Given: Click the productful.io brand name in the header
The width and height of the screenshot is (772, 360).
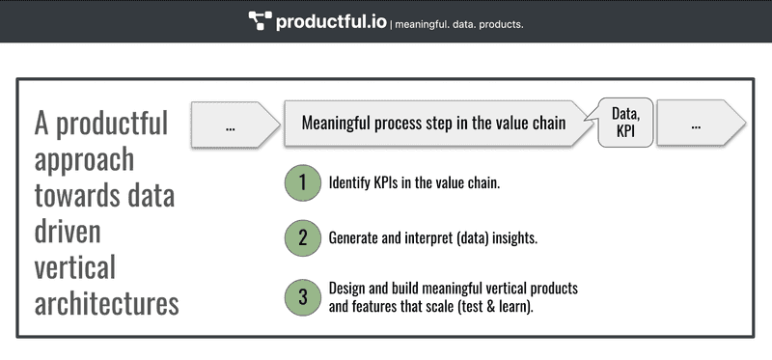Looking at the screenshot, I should click(x=330, y=20).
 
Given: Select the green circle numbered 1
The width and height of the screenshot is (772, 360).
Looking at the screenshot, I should click(x=302, y=183).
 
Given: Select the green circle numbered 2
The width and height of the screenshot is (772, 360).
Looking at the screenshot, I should click(x=302, y=237).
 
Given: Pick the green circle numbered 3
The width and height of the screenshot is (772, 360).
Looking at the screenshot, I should click(x=302, y=297).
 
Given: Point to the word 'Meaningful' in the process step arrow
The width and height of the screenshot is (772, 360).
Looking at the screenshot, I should click(x=338, y=124).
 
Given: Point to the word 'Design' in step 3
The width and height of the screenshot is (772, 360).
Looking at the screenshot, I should click(x=347, y=289).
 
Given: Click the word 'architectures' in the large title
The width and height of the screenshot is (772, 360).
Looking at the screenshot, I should click(x=106, y=303).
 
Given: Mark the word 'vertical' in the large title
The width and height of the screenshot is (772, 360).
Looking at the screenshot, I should click(x=74, y=267).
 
